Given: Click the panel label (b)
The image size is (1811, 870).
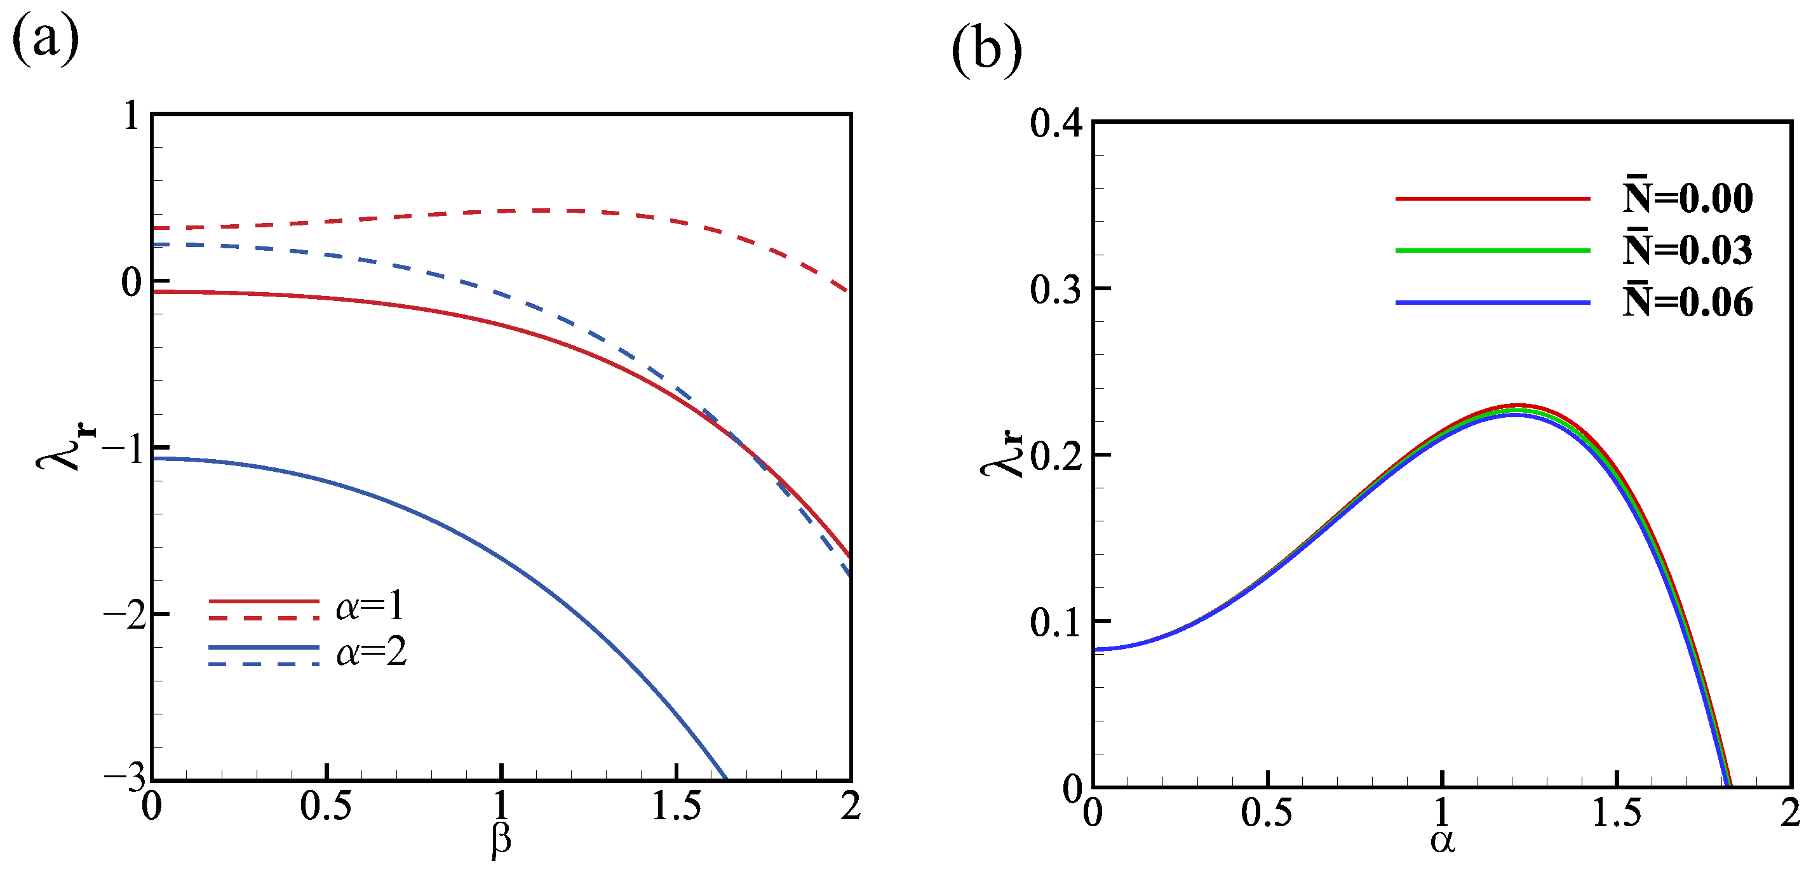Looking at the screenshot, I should [x=986, y=51].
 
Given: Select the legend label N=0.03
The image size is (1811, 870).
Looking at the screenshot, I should [x=1687, y=250].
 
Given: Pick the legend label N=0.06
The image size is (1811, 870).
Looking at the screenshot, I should [x=1687, y=302].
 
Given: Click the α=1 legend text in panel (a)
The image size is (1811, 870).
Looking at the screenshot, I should [x=370, y=606].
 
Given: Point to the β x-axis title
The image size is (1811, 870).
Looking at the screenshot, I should [x=501, y=839].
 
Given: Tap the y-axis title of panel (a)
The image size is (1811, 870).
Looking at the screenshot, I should [x=66, y=447].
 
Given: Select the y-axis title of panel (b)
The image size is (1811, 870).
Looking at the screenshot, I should [x=1002, y=454].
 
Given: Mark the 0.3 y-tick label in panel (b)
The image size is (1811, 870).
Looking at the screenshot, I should [x=1055, y=289].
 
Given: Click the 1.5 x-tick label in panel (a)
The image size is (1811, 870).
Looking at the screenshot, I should [x=677, y=806].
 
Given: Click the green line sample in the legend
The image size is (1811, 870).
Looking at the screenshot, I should [x=1492, y=250].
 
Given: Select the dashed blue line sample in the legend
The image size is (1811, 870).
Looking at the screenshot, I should [x=264, y=664].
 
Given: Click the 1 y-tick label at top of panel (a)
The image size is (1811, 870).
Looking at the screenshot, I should [x=131, y=116].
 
